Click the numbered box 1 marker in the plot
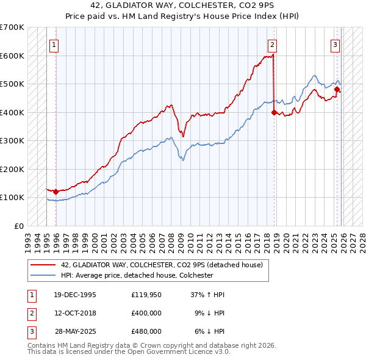coord(54,44)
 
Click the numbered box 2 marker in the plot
coord(271,44)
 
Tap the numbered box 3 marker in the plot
coord(335,44)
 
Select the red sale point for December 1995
coord(56,192)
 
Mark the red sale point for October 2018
coord(274,112)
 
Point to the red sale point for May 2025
coord(337,90)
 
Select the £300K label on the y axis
coord(12,140)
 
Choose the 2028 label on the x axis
coord(362,239)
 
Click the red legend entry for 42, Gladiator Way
coord(162,265)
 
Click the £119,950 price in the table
coord(146,295)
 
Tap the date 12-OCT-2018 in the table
coord(75,313)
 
